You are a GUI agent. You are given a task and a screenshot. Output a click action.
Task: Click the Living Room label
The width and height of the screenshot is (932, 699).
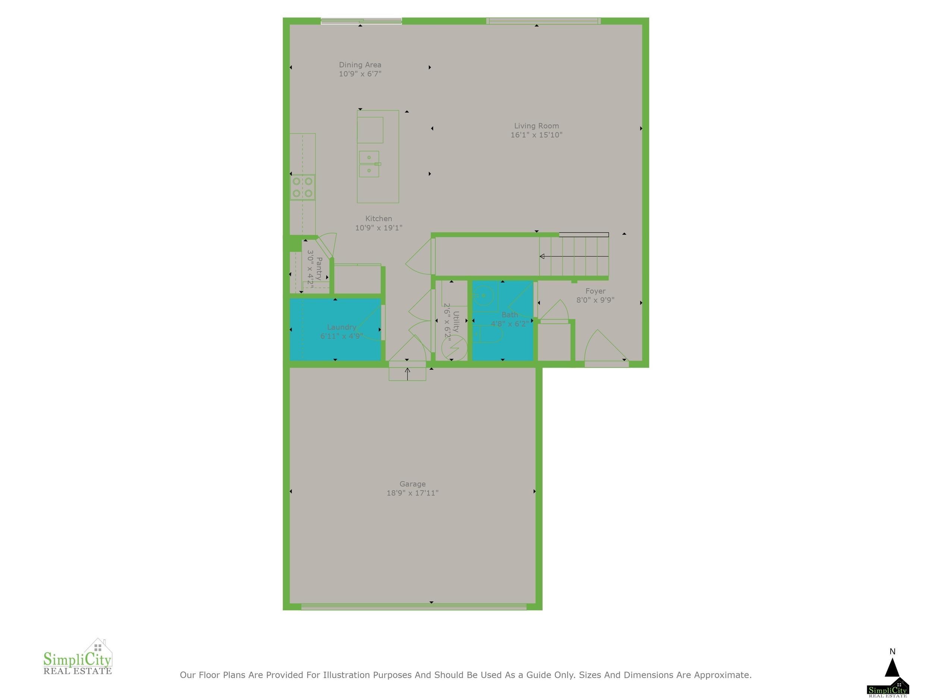click(x=536, y=126)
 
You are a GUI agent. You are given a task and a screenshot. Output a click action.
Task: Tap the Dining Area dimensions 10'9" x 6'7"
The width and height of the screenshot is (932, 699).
click(x=360, y=74)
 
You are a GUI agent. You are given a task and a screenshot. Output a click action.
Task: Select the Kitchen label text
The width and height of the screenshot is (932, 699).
click(x=378, y=218)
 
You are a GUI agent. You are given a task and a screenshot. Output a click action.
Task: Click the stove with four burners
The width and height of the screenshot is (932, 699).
click(x=302, y=187)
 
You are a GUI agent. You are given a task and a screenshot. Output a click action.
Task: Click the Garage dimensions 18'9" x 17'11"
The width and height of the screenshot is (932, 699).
click(x=412, y=493)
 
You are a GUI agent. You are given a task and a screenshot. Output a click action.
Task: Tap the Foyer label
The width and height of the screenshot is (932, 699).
click(x=595, y=291)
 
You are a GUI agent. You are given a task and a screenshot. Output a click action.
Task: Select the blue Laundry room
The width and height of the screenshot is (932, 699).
click(x=336, y=330)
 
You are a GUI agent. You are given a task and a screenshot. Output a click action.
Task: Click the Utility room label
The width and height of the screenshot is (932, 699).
click(x=456, y=322)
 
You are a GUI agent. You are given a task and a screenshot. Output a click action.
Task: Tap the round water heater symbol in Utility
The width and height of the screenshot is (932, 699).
click(x=454, y=348)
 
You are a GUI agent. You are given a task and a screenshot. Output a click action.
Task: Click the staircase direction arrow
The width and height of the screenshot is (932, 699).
click(x=574, y=256)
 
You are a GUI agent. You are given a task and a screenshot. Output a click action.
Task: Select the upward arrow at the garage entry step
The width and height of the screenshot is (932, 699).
click(x=407, y=374)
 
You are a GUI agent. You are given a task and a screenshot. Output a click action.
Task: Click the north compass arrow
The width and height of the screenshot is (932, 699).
click(x=892, y=667)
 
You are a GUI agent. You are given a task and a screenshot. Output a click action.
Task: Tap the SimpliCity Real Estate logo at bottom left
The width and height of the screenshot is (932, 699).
click(x=78, y=657)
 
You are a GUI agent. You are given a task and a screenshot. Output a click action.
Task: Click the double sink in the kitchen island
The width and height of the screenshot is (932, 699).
click(x=369, y=164)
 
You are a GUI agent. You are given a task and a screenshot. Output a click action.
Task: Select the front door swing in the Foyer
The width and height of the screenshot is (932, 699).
click(x=605, y=346)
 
